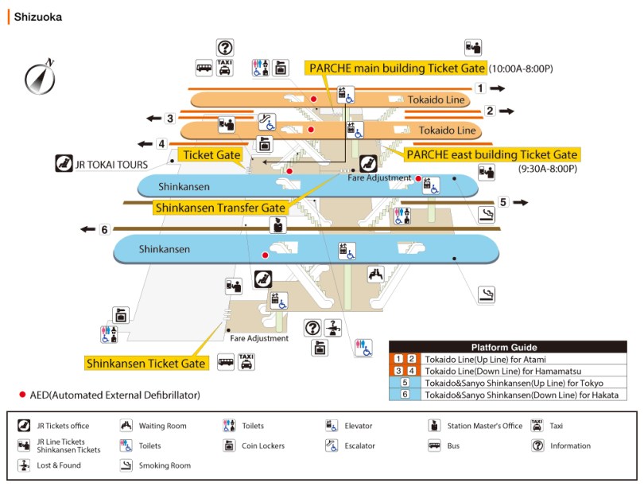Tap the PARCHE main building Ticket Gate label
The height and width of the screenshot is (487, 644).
(394, 68)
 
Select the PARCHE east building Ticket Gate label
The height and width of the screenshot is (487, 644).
(491, 154)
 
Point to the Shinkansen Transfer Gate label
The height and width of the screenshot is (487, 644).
(219, 208)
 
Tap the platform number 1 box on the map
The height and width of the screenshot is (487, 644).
(480, 88)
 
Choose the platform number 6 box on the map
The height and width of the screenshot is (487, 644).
(104, 230)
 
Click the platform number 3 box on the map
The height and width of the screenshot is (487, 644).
(169, 119)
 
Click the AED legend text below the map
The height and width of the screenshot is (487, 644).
(110, 395)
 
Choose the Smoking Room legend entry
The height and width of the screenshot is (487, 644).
(164, 466)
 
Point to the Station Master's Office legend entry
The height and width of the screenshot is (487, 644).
(483, 426)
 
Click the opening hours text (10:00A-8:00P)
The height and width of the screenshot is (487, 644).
(522, 69)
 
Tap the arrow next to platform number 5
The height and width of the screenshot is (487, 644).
(520, 202)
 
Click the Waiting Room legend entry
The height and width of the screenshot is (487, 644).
(162, 426)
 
